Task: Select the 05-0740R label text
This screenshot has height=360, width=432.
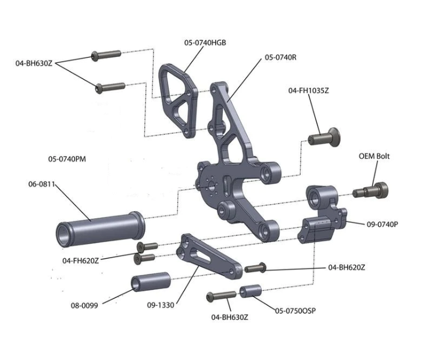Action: click(281, 58)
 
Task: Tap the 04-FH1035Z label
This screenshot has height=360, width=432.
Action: click(309, 91)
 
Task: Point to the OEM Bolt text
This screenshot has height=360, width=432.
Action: click(374, 156)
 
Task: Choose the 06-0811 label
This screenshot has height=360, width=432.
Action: click(41, 184)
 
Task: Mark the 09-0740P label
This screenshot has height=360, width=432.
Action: click(381, 224)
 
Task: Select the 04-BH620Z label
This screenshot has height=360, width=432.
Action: click(347, 267)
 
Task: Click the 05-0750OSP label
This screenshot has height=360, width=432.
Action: click(295, 311)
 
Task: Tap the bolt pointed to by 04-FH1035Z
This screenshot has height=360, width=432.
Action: click(324, 137)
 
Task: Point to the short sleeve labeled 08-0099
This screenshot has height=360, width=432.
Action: click(150, 283)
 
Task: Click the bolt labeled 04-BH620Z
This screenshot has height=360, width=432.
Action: click(255, 268)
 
